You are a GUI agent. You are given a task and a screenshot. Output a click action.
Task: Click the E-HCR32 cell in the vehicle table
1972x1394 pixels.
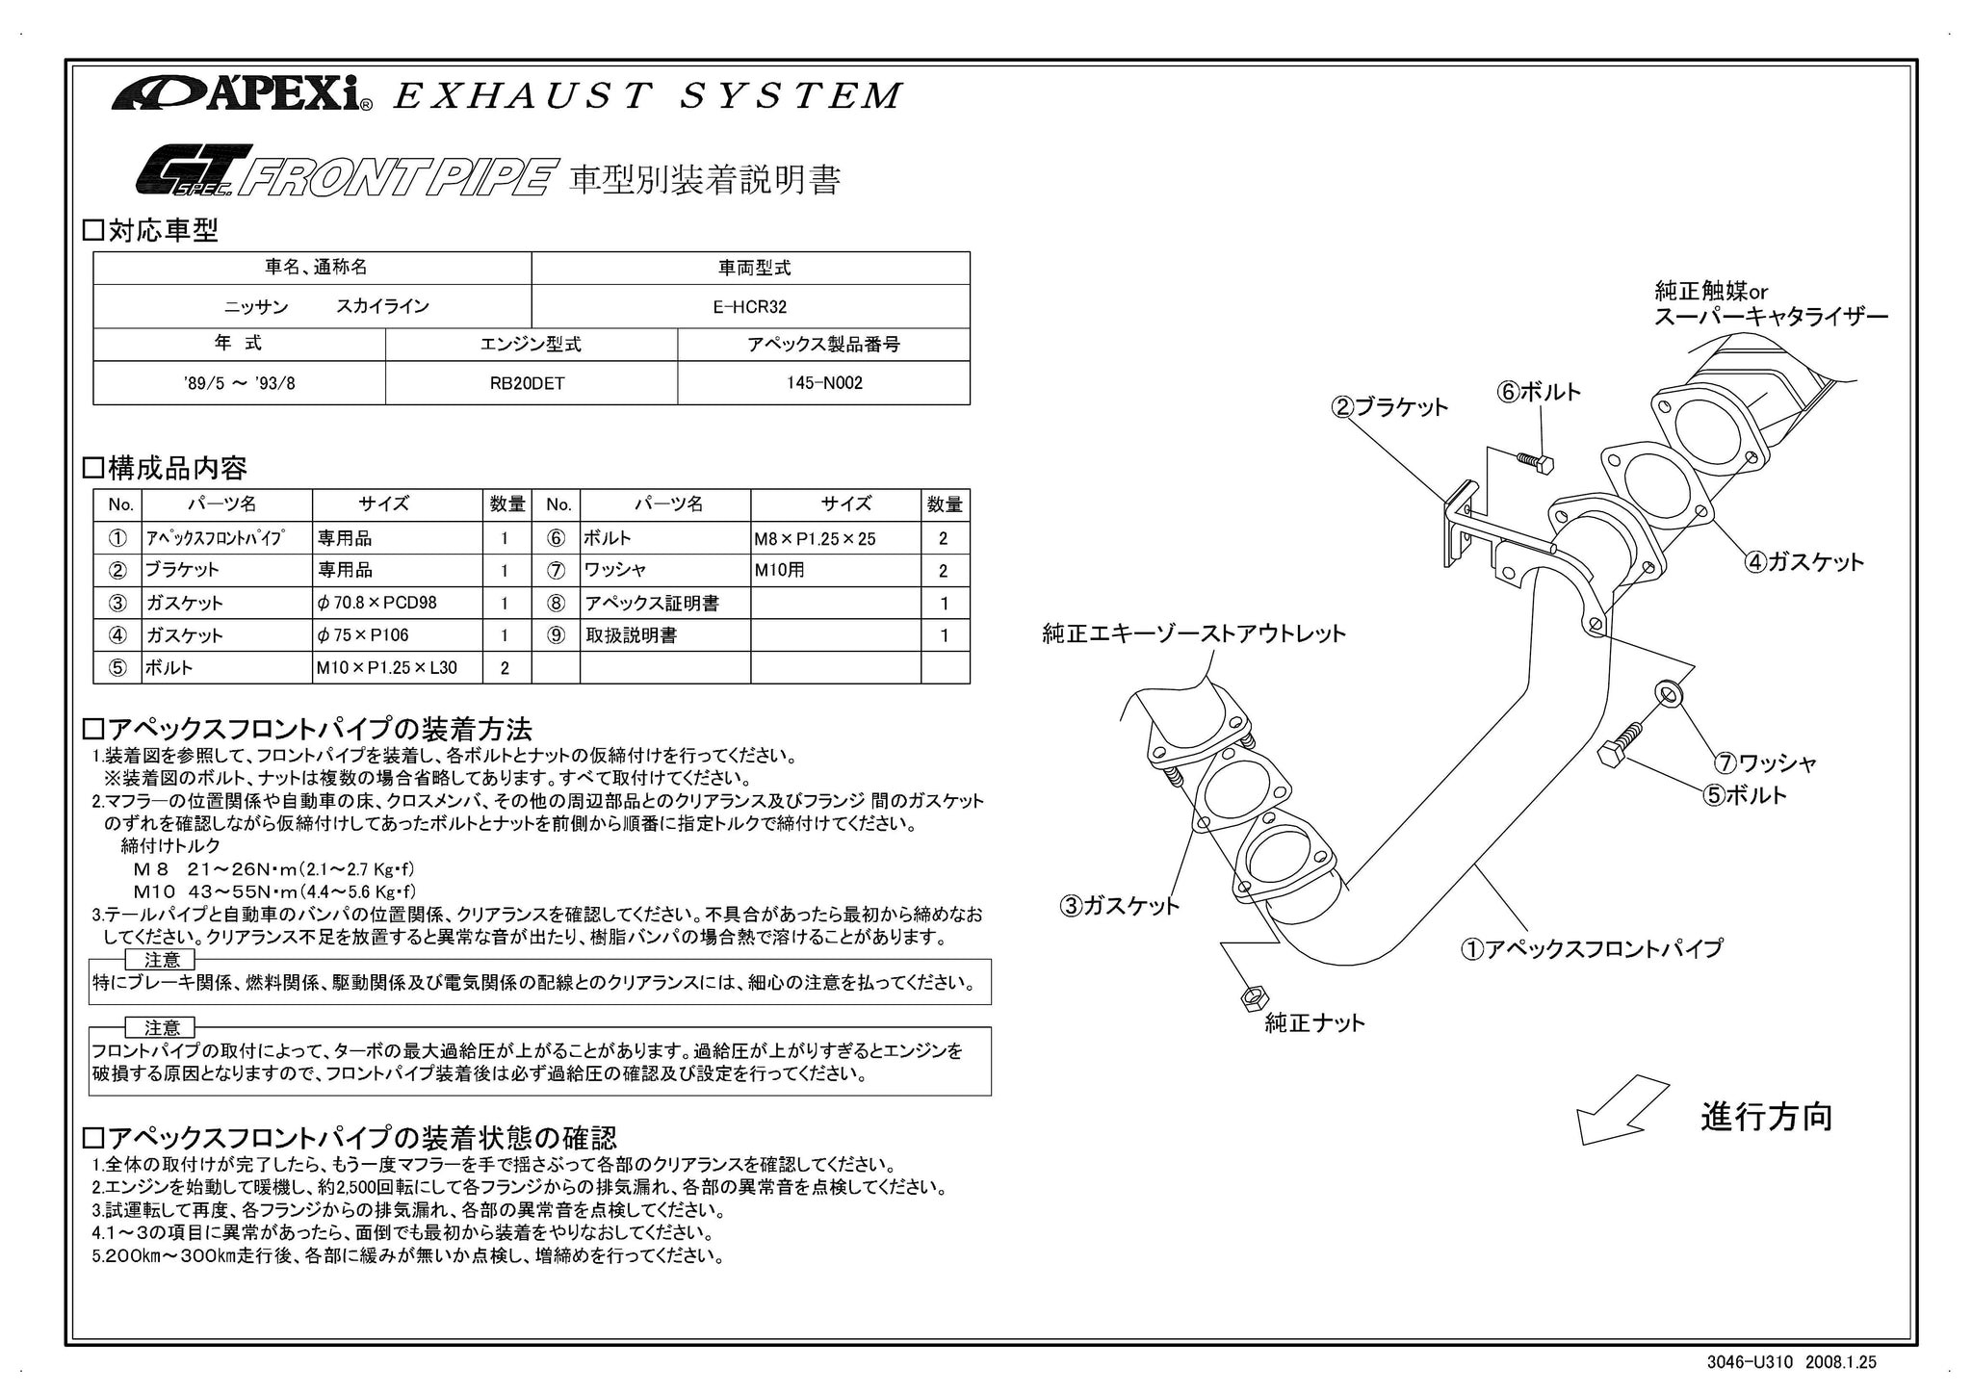[750, 307]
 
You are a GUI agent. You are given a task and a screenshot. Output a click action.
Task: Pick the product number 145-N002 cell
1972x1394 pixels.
[823, 383]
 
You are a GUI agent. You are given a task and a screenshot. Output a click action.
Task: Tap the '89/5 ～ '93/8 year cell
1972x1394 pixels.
[239, 383]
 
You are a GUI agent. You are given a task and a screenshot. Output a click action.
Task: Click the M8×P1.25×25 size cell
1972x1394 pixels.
[815, 539]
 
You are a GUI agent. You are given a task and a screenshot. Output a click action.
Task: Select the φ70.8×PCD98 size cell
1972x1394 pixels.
[376, 604]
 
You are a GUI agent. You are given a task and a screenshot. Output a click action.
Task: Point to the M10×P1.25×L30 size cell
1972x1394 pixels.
[387, 668]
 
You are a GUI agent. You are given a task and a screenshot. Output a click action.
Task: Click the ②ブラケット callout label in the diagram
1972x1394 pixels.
[1389, 407]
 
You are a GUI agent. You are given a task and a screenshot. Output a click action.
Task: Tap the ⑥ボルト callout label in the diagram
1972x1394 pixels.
[1538, 392]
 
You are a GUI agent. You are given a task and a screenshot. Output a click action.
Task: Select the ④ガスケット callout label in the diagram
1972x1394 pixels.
[1804, 562]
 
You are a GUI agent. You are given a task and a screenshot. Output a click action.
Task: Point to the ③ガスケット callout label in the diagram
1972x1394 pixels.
[1119, 905]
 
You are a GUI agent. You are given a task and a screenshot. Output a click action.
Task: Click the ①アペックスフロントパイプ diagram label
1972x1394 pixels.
[1591, 949]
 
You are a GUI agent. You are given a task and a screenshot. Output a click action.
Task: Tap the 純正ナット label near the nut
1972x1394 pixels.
[1314, 1023]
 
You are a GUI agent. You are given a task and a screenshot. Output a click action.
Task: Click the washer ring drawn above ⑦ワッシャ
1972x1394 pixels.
[1668, 692]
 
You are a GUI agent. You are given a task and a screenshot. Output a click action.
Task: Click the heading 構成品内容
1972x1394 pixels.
[177, 469]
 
